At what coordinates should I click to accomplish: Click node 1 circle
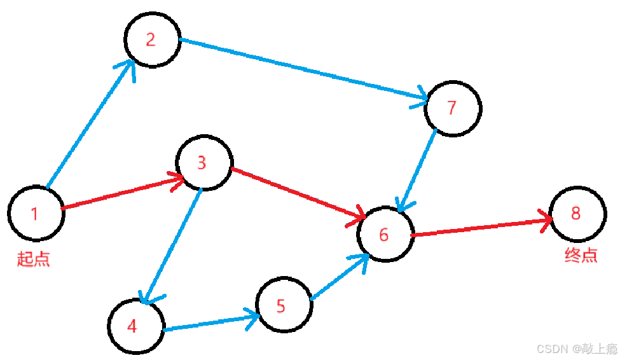coord(36,213)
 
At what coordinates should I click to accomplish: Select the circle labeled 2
coord(152,39)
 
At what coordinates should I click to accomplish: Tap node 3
coord(203,162)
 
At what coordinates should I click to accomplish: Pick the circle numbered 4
coord(135,326)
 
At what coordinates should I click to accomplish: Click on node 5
coord(284,305)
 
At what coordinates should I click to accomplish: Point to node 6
coord(385,233)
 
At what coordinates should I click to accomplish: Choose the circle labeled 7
coord(453,107)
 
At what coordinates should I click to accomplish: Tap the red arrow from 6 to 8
coord(480,228)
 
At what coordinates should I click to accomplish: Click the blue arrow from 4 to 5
coord(210,322)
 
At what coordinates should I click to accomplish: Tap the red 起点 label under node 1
coord(34,259)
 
